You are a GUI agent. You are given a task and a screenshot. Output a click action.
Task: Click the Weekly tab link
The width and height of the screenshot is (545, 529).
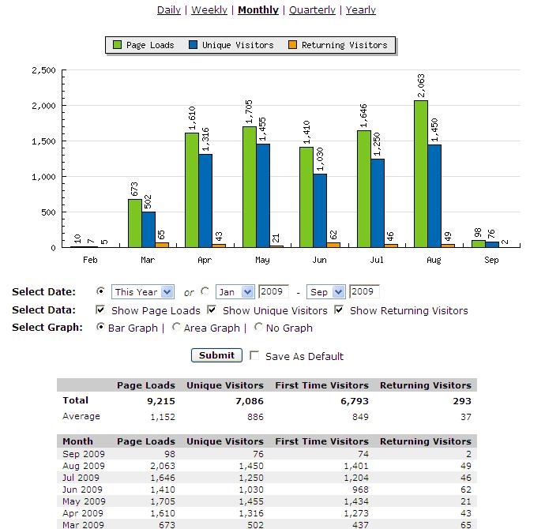(x=209, y=10)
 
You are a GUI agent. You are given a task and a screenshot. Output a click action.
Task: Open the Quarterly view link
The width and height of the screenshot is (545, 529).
(x=312, y=10)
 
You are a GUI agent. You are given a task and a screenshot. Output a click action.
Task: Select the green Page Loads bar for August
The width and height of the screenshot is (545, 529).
(x=422, y=174)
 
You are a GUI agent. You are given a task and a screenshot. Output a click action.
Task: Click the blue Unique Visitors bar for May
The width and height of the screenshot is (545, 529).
(x=263, y=195)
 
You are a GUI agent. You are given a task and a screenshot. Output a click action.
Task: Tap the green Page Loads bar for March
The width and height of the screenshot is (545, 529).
(x=135, y=223)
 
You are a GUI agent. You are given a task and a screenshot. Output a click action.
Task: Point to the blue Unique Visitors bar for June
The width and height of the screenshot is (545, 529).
(x=320, y=210)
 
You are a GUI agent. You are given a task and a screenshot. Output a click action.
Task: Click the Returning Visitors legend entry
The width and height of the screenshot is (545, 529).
(x=340, y=45)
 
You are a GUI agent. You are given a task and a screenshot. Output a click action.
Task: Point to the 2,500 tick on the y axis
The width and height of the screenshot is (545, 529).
(x=43, y=70)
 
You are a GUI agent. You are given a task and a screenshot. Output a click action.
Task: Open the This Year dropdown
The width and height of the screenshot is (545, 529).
(x=143, y=292)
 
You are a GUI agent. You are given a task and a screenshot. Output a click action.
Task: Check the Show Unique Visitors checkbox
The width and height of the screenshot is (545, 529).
(x=212, y=310)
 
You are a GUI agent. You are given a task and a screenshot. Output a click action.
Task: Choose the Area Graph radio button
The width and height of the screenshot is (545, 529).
(x=176, y=328)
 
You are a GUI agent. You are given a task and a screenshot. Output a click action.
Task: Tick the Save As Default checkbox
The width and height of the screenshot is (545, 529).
(x=254, y=356)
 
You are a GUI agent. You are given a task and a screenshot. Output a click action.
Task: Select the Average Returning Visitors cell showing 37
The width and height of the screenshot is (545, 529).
(x=465, y=416)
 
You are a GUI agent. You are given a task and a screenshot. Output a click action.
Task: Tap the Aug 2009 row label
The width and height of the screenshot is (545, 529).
(x=82, y=467)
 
